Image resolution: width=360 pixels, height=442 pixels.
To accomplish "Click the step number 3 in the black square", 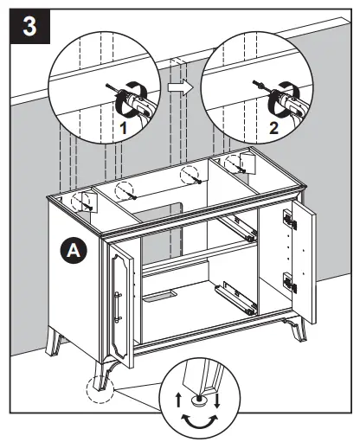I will (27, 26).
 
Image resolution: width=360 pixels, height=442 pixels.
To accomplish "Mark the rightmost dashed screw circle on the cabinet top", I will (231, 163).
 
